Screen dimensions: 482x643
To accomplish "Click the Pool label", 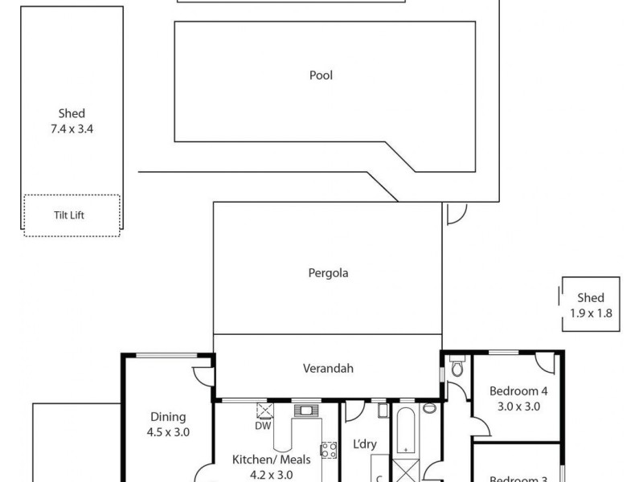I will click(321, 76).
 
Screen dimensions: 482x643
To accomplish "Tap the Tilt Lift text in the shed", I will click(72, 215).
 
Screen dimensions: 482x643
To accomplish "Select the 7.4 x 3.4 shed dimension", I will click(72, 128).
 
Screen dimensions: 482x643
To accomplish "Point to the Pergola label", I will click(328, 272).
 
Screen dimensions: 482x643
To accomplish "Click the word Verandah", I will click(328, 369).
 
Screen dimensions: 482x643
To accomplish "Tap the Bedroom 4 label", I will click(518, 391).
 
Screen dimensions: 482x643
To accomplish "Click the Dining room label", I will click(168, 416).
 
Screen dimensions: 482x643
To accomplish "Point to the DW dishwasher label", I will click(263, 426).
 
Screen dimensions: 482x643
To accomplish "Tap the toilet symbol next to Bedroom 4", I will click(457, 369).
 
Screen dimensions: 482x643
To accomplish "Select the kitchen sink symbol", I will click(305, 411).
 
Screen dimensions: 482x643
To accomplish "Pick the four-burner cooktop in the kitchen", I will click(329, 450).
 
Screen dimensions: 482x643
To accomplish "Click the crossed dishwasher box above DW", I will click(264, 411).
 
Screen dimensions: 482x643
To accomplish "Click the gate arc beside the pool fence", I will click(455, 213).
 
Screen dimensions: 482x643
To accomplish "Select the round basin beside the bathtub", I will click(430, 408).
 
